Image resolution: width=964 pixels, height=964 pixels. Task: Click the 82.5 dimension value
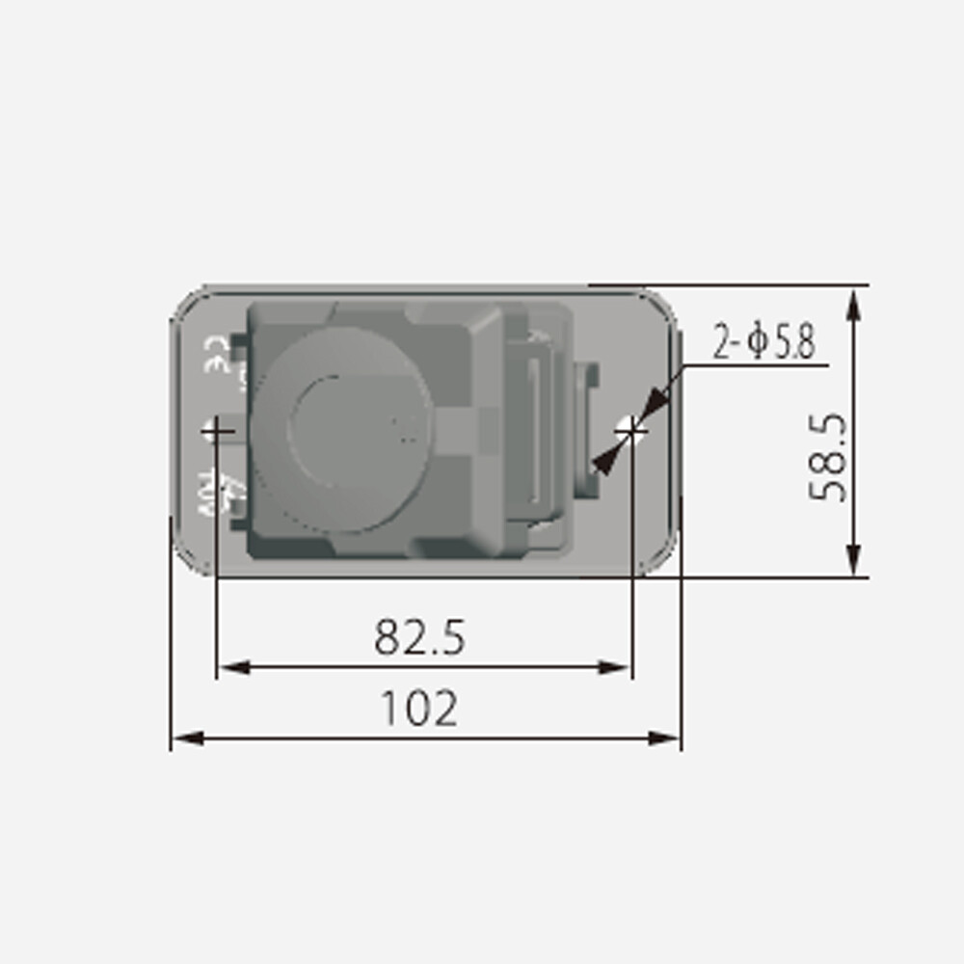[x=419, y=637]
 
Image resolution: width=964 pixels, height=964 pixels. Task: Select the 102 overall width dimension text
[x=419, y=710]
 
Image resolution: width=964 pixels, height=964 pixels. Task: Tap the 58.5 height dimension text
[x=828, y=457]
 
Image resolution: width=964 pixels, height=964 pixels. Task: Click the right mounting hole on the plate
[x=631, y=427]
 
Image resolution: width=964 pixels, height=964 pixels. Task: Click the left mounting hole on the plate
[x=216, y=430]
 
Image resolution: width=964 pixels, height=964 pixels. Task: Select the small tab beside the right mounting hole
[x=587, y=429]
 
